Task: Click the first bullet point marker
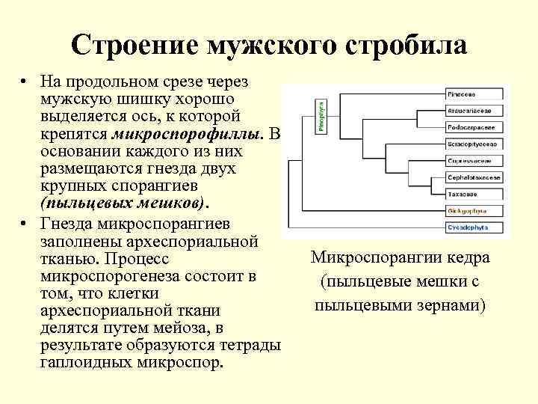point(25,80)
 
